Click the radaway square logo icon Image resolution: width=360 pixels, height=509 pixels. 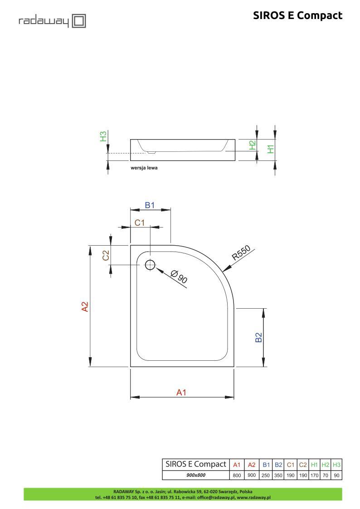79,21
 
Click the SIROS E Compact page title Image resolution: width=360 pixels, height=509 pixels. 297,15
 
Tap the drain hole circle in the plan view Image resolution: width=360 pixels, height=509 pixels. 150,265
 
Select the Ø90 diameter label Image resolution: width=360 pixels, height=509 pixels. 180,276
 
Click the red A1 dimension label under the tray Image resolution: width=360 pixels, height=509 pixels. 181,393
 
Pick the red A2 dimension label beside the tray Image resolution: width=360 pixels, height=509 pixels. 84,306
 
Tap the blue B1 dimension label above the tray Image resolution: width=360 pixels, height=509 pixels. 150,205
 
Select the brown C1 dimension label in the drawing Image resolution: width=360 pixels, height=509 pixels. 140,223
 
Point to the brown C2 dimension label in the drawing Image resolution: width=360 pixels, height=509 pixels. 106,255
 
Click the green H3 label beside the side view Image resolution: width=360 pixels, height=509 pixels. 103,136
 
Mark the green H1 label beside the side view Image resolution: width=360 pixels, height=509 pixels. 271,149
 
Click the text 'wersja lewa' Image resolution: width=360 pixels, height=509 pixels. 144,168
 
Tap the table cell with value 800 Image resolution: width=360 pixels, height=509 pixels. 237,475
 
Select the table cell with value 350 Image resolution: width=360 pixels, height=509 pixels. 278,475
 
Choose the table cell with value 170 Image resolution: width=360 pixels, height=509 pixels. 314,475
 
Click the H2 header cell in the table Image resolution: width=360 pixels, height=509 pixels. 325,465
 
